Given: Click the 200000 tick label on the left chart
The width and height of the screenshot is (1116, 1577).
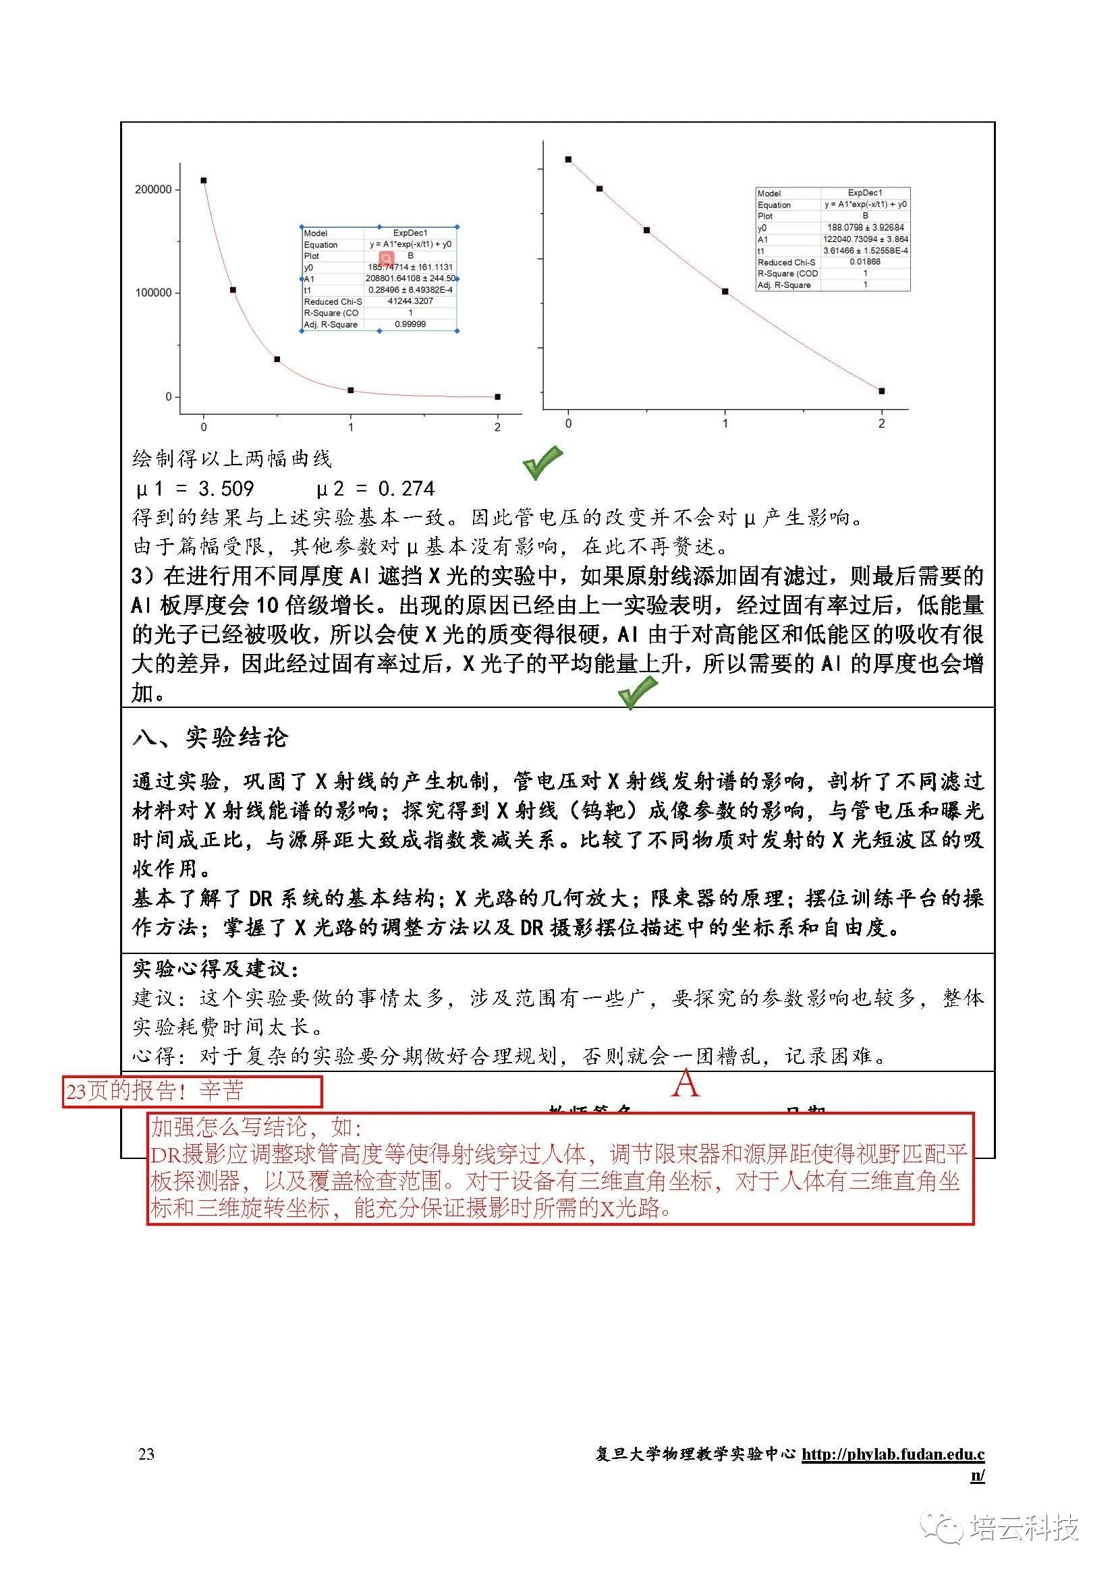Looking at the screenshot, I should pyautogui.click(x=152, y=189).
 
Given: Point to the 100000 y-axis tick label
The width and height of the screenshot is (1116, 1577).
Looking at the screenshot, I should pyautogui.click(x=152, y=293).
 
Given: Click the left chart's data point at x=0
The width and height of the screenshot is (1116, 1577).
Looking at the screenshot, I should pyautogui.click(x=203, y=181).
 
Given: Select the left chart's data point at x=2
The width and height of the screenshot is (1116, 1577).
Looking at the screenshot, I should pyautogui.click(x=497, y=396).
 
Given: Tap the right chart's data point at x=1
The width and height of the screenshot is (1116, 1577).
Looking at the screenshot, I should pyautogui.click(x=725, y=291).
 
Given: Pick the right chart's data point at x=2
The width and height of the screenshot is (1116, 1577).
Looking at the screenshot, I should pyautogui.click(x=882, y=391).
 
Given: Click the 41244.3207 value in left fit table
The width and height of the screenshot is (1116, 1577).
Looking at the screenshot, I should pyautogui.click(x=410, y=301).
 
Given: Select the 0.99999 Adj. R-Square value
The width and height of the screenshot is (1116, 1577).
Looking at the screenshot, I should pyautogui.click(x=410, y=324).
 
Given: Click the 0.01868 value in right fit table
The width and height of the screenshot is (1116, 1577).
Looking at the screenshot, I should pyautogui.click(x=864, y=262).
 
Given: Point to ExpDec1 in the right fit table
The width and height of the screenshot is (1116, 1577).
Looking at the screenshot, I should pyautogui.click(x=864, y=193).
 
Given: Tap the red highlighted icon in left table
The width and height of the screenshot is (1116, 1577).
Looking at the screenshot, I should pyautogui.click(x=386, y=257).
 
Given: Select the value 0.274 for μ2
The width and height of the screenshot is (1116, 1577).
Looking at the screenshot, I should pyautogui.click(x=406, y=488).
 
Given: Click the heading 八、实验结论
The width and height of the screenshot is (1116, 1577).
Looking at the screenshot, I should pyautogui.click(x=211, y=738).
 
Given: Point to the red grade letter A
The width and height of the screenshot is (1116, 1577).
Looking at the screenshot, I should pyautogui.click(x=685, y=1085).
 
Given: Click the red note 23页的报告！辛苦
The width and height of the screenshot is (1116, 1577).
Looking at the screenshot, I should pyautogui.click(x=155, y=1091).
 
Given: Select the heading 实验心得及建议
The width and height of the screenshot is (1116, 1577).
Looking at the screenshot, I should pyautogui.click(x=216, y=969).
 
